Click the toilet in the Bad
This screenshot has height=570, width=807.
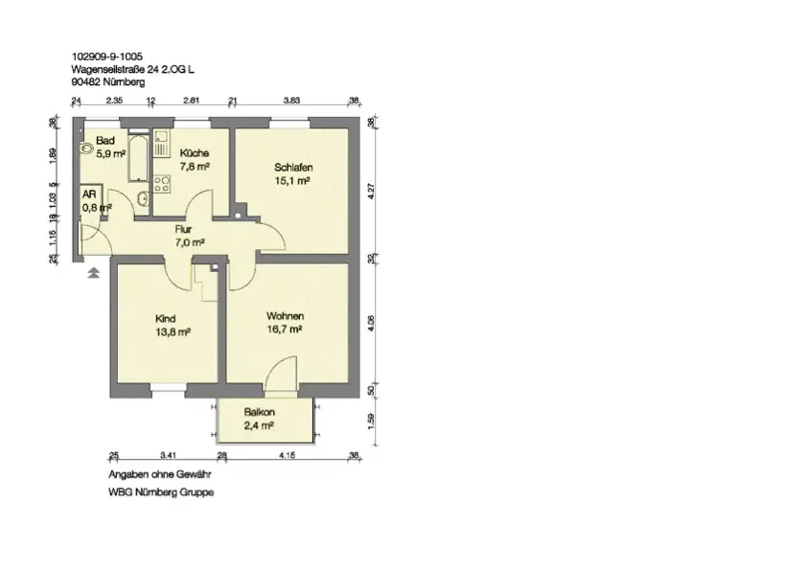(x=86, y=148)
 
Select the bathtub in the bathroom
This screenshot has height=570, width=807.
(x=138, y=158)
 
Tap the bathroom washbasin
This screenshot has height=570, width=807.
(x=143, y=198)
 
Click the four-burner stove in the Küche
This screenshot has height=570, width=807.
(x=162, y=185)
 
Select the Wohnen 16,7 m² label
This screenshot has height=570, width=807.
(x=285, y=323)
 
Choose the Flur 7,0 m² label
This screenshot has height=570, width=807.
(x=190, y=236)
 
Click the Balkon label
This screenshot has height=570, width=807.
(x=259, y=412)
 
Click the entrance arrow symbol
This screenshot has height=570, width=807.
(x=93, y=273)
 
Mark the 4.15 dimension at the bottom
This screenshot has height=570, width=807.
(x=287, y=455)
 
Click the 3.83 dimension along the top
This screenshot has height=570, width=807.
(x=291, y=101)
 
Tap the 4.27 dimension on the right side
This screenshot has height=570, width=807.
(x=372, y=192)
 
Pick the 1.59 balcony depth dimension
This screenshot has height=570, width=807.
(x=372, y=421)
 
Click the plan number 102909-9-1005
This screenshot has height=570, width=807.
(x=107, y=57)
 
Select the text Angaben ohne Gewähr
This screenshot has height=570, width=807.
(x=159, y=474)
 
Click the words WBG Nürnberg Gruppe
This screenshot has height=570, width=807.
(x=161, y=492)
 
